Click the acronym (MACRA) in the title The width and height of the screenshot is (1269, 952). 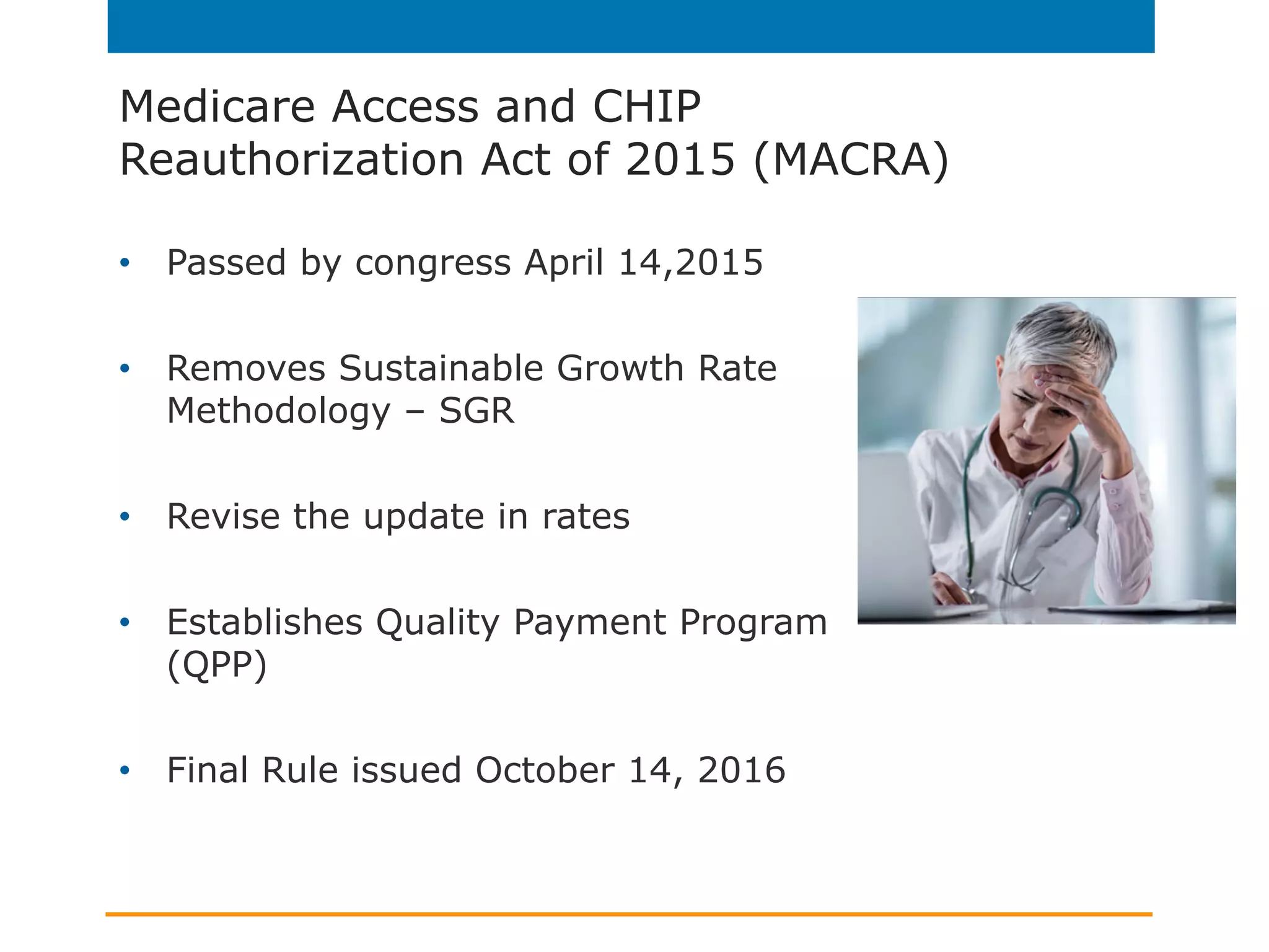click(851, 160)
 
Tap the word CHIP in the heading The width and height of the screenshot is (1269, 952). click(646, 107)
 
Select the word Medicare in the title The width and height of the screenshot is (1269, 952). click(217, 107)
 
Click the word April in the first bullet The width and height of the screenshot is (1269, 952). click(564, 263)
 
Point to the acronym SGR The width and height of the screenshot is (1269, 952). click(476, 411)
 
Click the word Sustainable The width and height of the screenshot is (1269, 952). click(441, 368)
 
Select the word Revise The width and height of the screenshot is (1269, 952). click(223, 516)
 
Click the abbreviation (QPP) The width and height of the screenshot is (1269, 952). click(217, 665)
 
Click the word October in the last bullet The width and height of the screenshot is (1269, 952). click(545, 770)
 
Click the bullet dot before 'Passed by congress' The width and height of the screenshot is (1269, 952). click(125, 263)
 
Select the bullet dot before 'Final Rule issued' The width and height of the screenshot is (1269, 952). click(125, 770)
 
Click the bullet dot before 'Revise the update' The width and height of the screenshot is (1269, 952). click(125, 516)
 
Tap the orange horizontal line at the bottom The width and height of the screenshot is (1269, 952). click(628, 914)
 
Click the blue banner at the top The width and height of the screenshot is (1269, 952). click(631, 26)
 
